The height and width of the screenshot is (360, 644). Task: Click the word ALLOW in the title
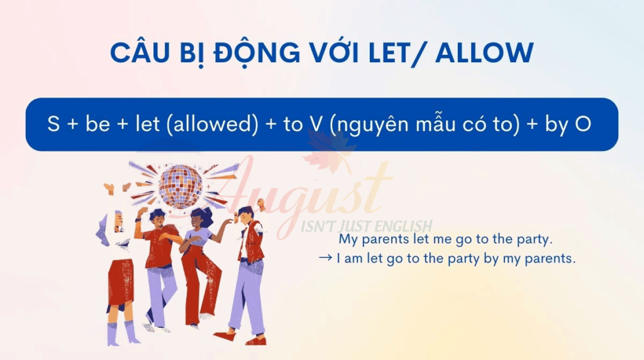(x=484, y=53)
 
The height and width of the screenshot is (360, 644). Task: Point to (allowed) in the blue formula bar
(x=213, y=124)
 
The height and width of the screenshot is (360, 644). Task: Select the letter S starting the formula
(x=53, y=124)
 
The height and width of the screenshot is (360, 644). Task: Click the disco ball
(x=180, y=186)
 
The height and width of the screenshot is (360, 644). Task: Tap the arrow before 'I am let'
(x=325, y=257)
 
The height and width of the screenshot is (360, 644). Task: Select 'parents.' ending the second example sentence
(x=550, y=259)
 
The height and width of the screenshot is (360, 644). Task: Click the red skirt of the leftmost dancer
(x=120, y=281)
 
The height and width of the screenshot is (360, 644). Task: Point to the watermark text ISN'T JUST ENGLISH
(x=367, y=226)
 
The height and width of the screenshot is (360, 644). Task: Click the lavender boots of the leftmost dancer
(x=123, y=333)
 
